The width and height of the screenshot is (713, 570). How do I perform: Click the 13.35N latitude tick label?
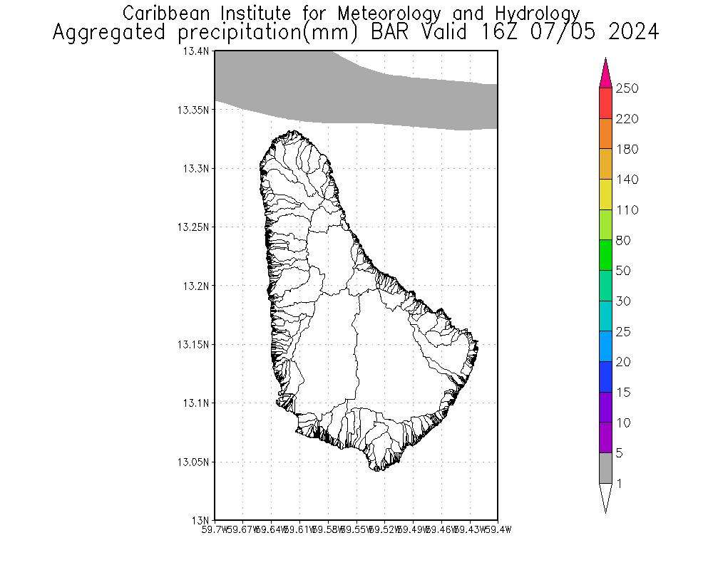194,110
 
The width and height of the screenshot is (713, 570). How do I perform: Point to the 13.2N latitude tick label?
196,286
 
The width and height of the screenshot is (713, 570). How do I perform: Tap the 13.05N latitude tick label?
194,462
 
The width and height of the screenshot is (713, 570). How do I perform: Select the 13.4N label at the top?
196,51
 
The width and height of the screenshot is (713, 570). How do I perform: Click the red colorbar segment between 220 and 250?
605,103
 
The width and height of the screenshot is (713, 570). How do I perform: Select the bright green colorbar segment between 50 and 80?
605,255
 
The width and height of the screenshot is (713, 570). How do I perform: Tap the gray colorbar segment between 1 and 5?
605,468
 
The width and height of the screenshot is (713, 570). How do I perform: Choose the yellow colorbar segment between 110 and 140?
605,195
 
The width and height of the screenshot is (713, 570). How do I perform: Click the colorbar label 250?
627,88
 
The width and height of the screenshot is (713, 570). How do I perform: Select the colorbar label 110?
627,210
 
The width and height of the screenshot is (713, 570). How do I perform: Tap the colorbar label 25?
624,331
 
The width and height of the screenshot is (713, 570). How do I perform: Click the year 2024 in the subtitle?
631,33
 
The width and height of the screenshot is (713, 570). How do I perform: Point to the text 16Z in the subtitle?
502,33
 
